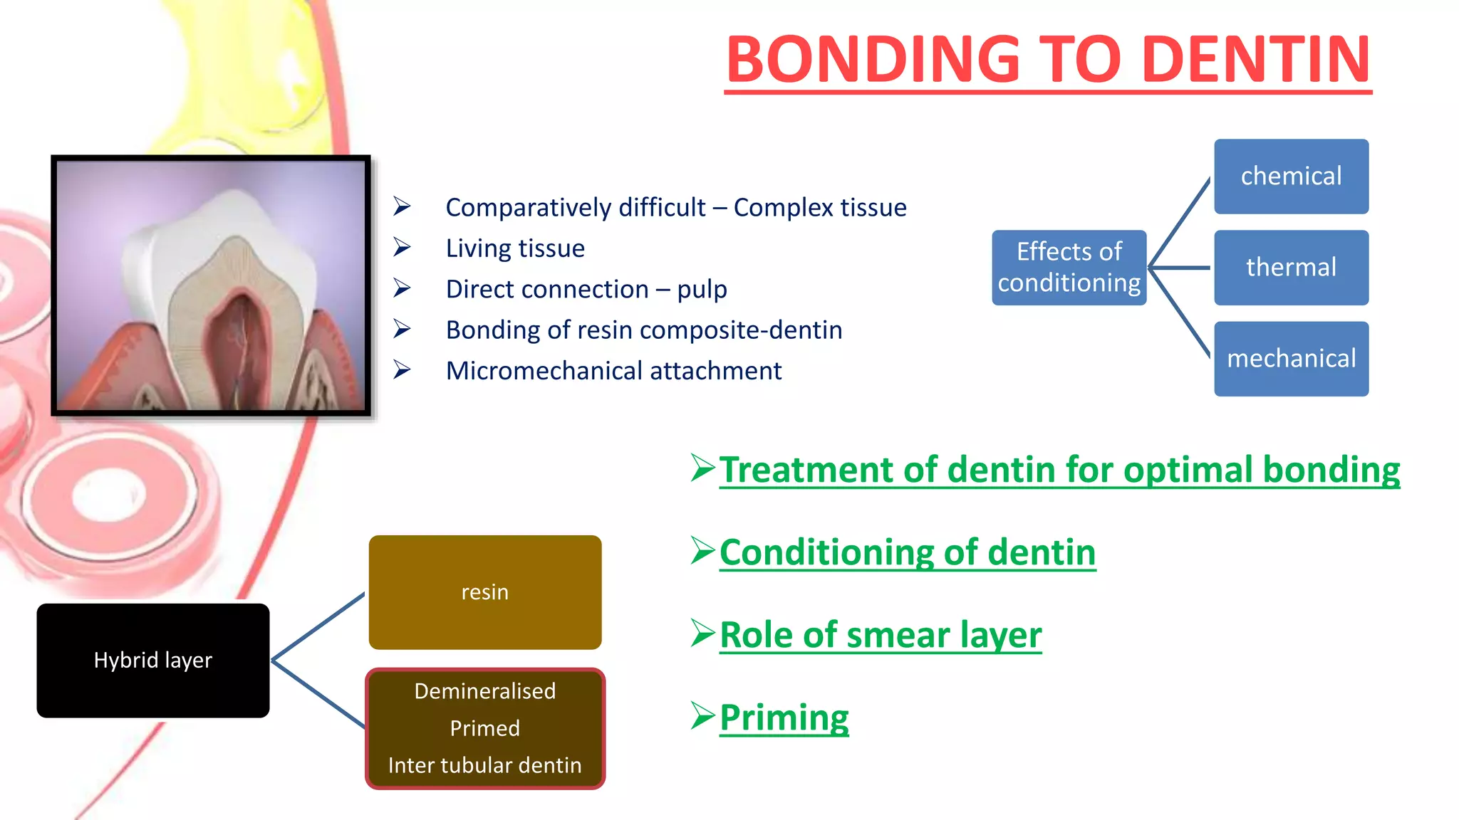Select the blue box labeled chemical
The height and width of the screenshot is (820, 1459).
tap(1291, 177)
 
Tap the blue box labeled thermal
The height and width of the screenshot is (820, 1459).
tap(1291, 268)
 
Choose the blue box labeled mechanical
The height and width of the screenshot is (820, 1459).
tap(1291, 359)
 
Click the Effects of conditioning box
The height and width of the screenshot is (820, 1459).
tap(1069, 268)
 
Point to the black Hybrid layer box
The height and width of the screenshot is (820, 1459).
tap(153, 661)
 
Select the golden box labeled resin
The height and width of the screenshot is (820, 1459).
tap(485, 592)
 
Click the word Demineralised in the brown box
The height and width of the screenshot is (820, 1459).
tap(485, 691)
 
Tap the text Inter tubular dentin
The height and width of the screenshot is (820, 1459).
tap(485, 765)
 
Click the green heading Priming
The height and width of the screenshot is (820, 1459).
tap(784, 717)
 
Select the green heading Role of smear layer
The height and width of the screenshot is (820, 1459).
tap(881, 635)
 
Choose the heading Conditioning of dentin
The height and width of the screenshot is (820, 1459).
tap(907, 552)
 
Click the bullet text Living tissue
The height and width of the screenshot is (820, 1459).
tap(515, 248)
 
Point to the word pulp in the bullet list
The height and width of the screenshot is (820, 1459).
tap(702, 290)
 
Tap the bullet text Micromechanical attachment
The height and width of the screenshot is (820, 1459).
tap(613, 371)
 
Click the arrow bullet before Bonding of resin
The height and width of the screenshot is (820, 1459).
tap(403, 330)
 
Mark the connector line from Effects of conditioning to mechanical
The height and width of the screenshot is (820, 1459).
tap(1180, 313)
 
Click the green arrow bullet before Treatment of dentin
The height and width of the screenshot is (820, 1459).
tap(702, 468)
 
